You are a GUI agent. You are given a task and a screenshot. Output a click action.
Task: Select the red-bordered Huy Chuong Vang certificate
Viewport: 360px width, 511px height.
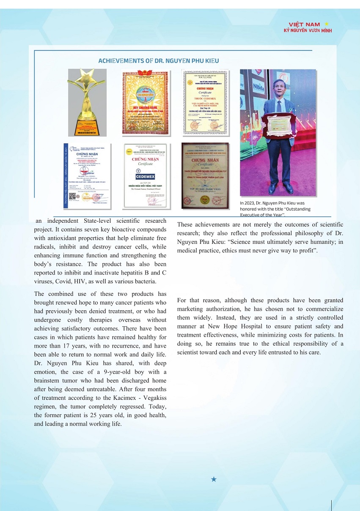click(x=145, y=103)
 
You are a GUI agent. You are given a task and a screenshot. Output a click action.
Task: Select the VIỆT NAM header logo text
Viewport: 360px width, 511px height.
click(x=304, y=25)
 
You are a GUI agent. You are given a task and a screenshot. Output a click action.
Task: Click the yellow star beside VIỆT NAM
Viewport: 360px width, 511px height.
click(x=326, y=25)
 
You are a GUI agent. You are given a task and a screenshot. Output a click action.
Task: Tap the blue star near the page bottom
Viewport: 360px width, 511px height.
click(x=214, y=479)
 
